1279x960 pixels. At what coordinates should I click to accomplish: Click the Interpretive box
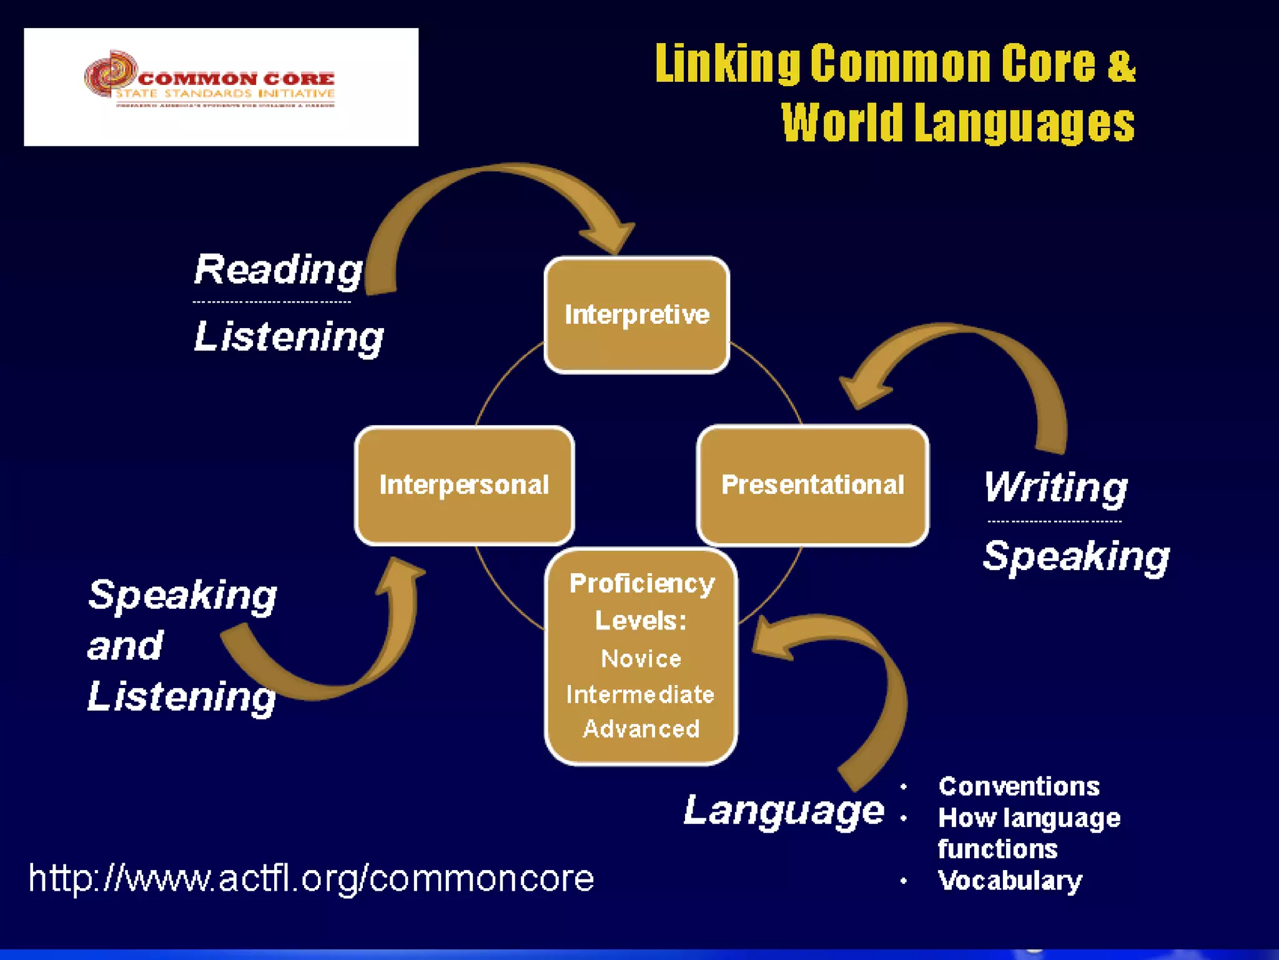click(x=636, y=314)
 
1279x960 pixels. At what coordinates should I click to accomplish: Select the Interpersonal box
click(x=464, y=485)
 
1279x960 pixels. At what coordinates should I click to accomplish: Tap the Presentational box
click(x=812, y=485)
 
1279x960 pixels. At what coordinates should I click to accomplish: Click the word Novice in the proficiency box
click(x=641, y=659)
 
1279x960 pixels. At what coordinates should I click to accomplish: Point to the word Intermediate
click(x=640, y=694)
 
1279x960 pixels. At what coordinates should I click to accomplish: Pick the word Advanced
click(x=641, y=729)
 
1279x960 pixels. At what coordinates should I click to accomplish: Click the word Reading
click(x=278, y=270)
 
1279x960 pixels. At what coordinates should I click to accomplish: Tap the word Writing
click(x=1055, y=487)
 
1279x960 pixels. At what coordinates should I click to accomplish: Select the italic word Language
click(x=784, y=811)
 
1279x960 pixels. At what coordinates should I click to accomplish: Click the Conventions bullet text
click(x=1019, y=786)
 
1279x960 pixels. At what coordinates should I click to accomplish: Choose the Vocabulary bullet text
click(x=1010, y=881)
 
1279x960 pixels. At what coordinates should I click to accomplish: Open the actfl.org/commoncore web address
click(x=311, y=878)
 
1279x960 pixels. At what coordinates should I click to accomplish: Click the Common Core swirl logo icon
click(x=111, y=74)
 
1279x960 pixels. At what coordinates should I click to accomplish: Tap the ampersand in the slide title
click(x=1121, y=64)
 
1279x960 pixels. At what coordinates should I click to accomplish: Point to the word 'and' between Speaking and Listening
click(x=125, y=646)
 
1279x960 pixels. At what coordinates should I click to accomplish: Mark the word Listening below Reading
click(x=289, y=337)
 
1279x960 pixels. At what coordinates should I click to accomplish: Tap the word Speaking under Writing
click(x=1076, y=556)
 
